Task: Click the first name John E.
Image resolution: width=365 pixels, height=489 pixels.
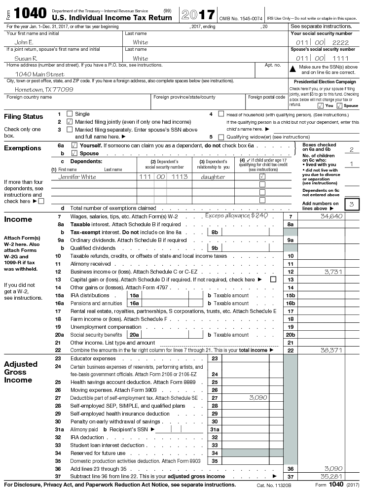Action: coord(24,42)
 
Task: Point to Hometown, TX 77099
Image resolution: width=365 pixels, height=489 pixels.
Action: coord(44,90)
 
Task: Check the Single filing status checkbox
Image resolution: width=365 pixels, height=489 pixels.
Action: coord(69,114)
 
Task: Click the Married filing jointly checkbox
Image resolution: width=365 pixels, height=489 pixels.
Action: coord(69,122)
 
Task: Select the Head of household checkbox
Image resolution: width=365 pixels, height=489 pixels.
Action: coord(221,114)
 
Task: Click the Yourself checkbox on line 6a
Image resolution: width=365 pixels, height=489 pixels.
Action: coord(74,145)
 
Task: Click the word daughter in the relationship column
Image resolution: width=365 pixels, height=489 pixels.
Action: coord(213,177)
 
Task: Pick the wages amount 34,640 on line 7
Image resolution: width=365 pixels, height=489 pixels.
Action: coord(331,216)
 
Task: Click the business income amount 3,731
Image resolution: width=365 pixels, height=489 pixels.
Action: coord(333,272)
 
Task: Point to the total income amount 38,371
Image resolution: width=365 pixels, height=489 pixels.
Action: coord(331,350)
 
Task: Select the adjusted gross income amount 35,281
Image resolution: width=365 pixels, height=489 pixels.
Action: coord(331,477)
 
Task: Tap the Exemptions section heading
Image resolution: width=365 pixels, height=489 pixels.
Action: coord(23,148)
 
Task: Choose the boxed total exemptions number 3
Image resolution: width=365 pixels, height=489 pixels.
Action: coord(351,204)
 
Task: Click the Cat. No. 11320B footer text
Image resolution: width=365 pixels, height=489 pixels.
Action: coord(272,485)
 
